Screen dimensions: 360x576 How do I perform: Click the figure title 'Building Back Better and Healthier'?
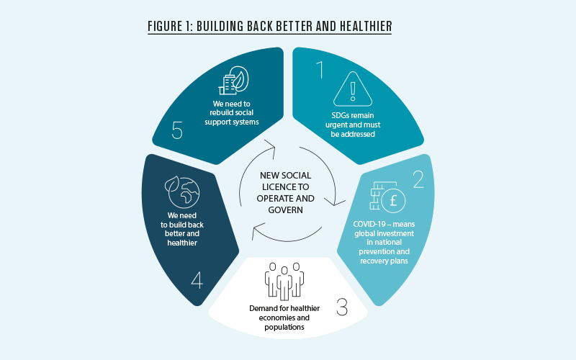269,27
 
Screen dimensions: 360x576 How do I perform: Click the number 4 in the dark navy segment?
196,279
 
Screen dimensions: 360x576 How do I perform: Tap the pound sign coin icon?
393,199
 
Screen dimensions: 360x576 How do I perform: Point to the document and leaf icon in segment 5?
236,81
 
